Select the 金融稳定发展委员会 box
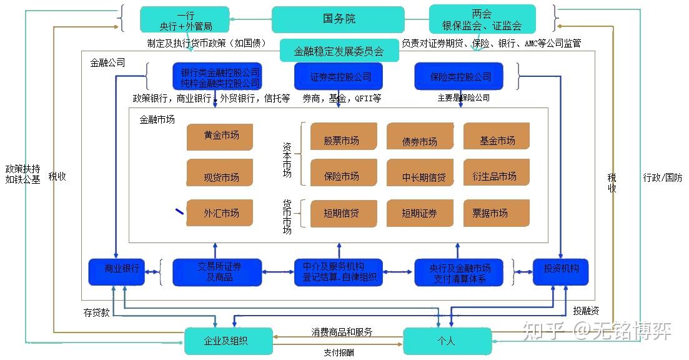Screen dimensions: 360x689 click(339, 51)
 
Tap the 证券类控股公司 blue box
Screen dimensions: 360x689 click(340, 77)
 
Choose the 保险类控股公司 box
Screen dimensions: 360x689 click(461, 77)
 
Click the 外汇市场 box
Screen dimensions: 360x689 click(220, 213)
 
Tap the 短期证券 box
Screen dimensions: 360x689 click(420, 213)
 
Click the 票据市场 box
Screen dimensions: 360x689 click(496, 213)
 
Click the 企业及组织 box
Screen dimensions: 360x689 click(228, 341)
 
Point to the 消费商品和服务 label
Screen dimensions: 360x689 click(342, 332)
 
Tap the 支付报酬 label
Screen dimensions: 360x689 click(339, 352)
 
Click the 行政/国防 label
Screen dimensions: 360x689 click(663, 177)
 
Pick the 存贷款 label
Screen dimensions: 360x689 click(97, 312)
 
